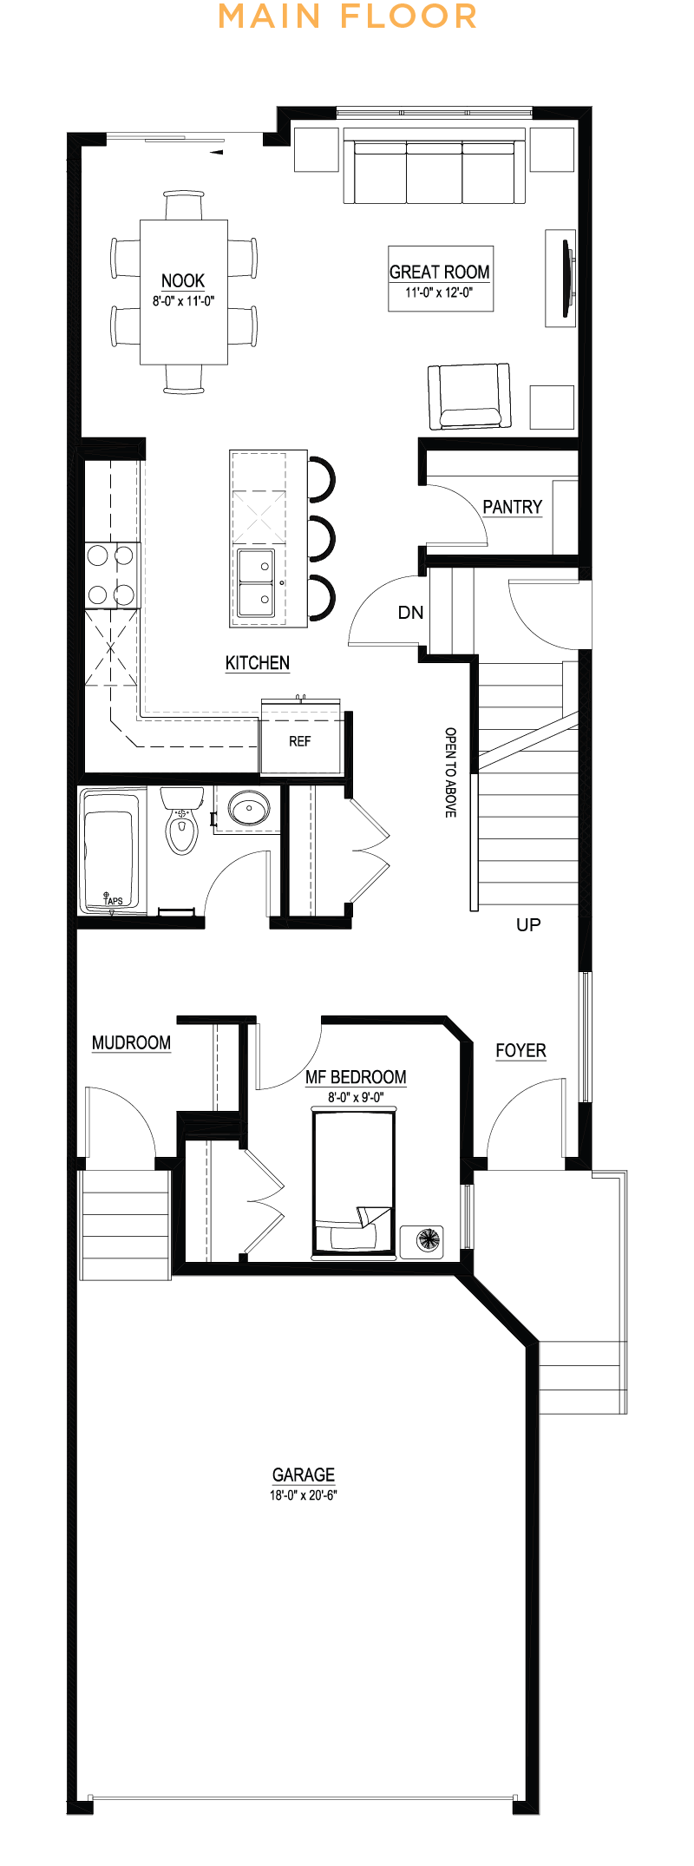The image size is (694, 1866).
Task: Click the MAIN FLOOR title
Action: coord(347,16)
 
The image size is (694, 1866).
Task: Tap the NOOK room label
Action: coord(183,280)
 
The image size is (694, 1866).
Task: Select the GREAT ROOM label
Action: coord(440,272)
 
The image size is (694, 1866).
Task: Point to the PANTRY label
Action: coord(512,507)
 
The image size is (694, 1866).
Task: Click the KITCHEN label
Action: coord(258,663)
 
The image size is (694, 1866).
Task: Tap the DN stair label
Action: coord(410,613)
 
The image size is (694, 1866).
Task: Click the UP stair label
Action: coord(528,925)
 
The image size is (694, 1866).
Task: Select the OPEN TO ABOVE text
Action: coord(450,772)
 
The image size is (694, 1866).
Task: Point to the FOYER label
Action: coord(520,1051)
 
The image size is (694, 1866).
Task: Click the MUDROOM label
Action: coord(131,1042)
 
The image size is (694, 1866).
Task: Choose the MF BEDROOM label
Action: coord(356,1077)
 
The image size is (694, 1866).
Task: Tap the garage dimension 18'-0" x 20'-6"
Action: coord(303,1495)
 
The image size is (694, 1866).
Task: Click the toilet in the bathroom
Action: coord(181,821)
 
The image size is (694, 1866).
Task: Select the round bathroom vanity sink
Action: coord(249,809)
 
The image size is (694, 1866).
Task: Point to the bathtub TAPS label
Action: coord(114,901)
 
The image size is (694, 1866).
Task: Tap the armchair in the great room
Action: coord(469,397)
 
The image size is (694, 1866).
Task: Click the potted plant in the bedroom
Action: coord(428,1239)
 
